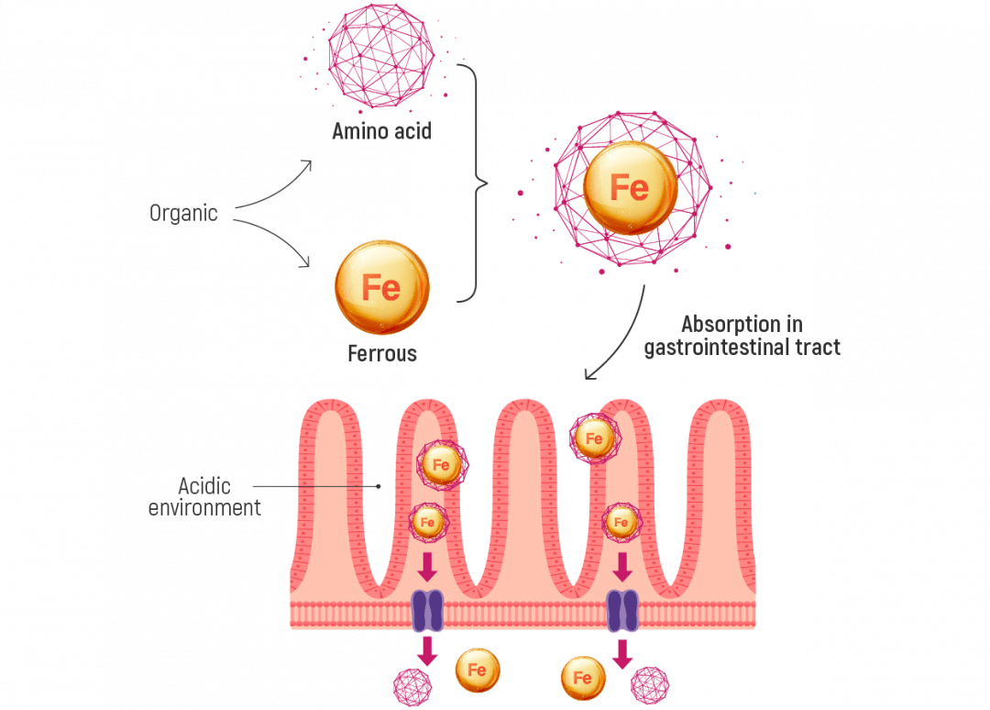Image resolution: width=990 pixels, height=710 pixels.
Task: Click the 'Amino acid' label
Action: tap(381, 134)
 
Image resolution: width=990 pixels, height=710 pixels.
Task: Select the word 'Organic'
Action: tap(184, 215)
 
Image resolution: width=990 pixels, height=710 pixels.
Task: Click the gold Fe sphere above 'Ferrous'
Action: tap(381, 287)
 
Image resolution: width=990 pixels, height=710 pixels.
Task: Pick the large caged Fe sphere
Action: tap(631, 187)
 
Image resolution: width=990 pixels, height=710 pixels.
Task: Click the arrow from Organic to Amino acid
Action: tap(275, 188)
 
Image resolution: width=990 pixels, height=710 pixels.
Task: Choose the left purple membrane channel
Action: tap(427, 610)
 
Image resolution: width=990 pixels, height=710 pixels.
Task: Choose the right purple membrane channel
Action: tap(622, 610)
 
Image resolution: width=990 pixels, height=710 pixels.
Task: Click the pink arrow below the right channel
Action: tap(623, 652)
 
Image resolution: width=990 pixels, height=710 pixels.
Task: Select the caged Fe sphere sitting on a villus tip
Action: tap(593, 438)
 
